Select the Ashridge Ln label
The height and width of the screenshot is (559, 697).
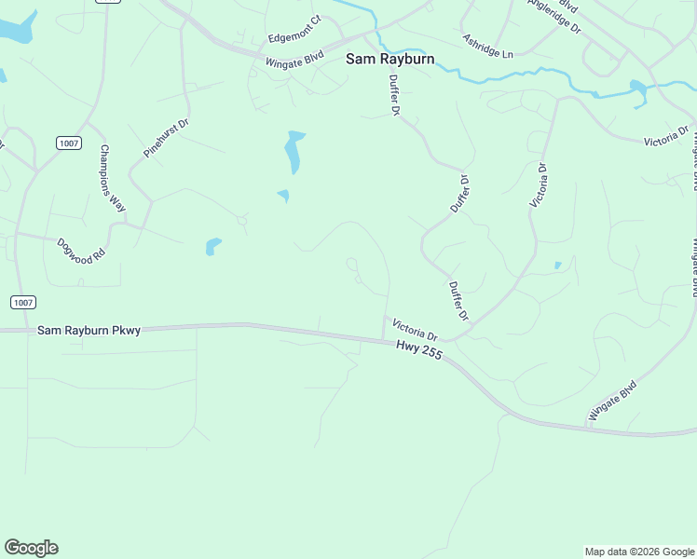487,47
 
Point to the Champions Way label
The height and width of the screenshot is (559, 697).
113,180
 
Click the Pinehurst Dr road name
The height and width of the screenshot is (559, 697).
166,137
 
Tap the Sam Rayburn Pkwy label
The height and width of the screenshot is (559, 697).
89,330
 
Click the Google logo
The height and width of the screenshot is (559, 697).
31,548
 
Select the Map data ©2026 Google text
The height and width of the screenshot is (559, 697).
640,552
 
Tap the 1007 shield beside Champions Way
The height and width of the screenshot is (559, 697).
69,143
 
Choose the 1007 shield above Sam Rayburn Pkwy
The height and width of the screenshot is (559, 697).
23,302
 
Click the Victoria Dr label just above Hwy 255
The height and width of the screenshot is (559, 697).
415,329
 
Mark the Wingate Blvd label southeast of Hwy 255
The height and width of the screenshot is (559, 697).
612,401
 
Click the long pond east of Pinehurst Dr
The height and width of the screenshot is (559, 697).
294,152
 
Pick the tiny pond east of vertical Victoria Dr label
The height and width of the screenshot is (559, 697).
558,266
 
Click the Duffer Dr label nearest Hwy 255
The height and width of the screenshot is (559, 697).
458,302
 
